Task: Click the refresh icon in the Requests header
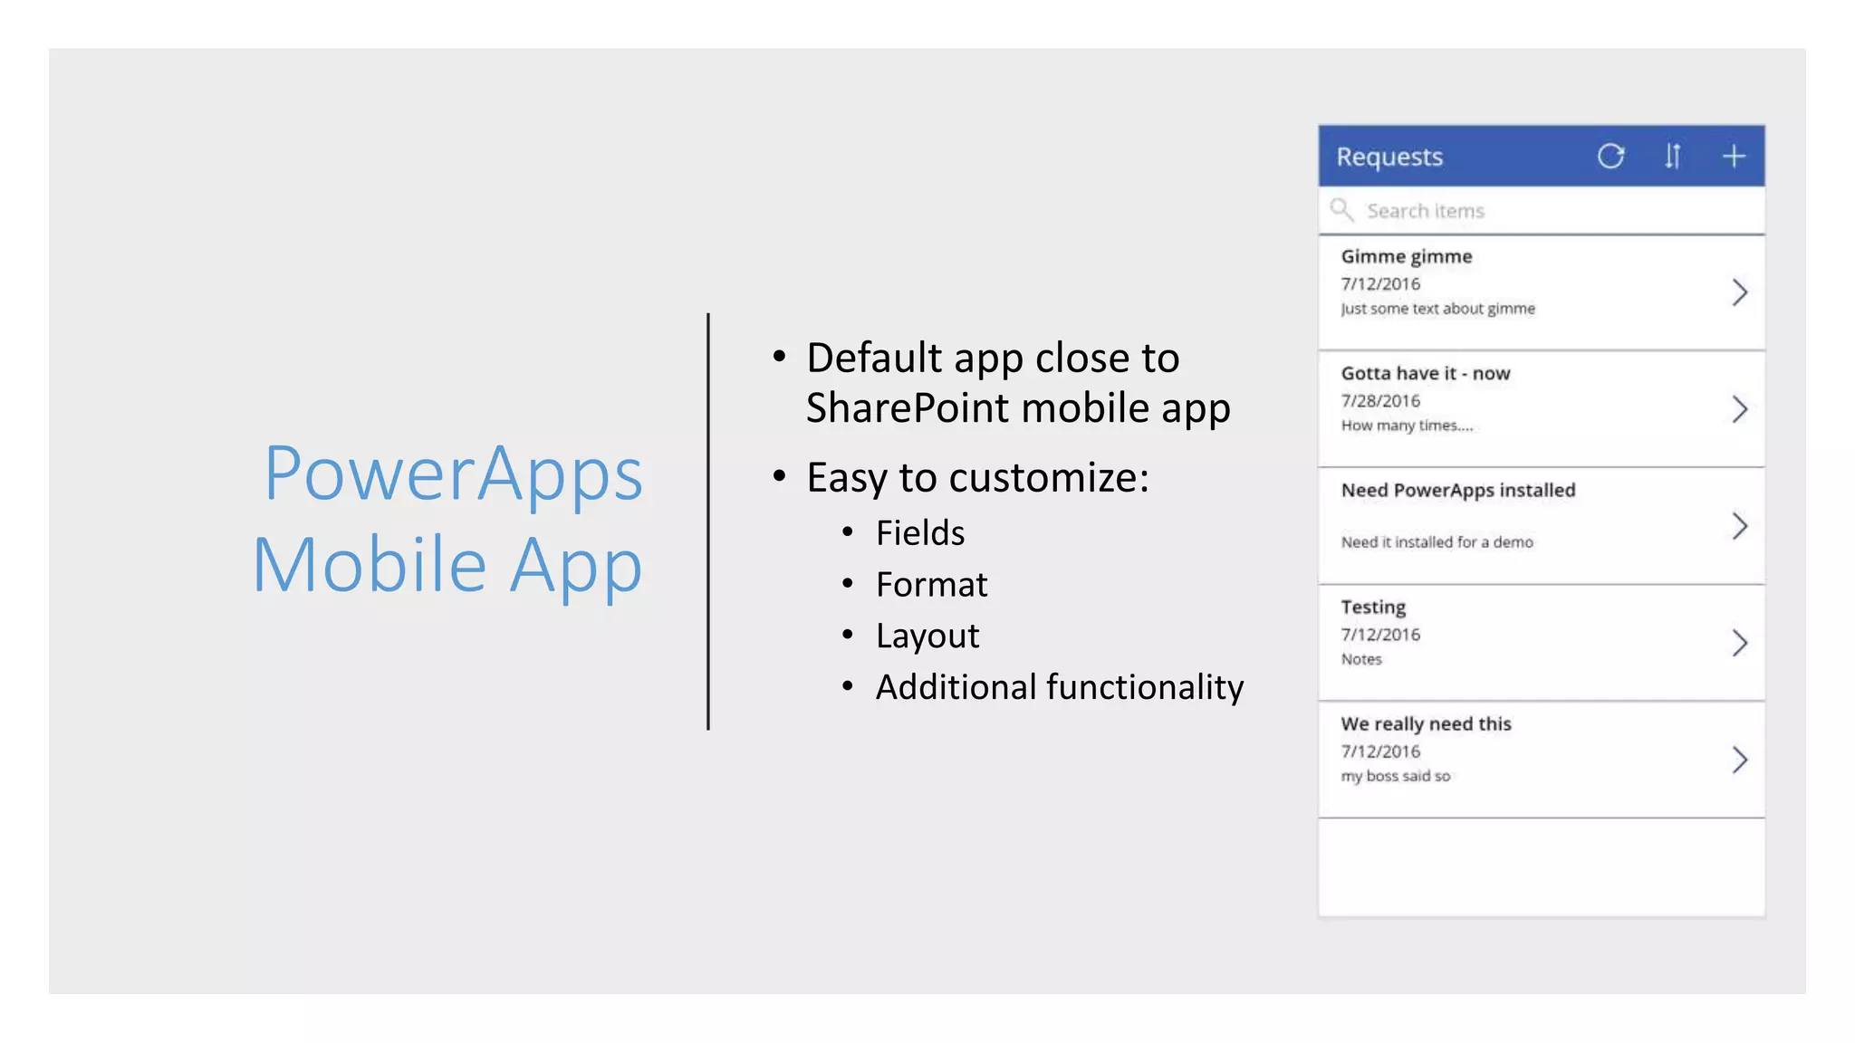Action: (1610, 157)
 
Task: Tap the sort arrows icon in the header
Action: (1672, 157)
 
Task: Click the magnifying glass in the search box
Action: (1341, 210)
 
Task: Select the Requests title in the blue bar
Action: (1389, 157)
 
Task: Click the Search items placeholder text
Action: (1426, 211)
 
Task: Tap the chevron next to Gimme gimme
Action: (1739, 292)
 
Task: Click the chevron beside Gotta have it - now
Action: (1739, 409)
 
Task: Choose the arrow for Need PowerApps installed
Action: (1739, 526)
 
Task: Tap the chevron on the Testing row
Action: (1739, 643)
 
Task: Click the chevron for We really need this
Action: (1739, 760)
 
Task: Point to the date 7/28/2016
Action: (1380, 400)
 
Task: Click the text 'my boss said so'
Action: (1396, 776)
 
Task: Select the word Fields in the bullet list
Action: (920, 533)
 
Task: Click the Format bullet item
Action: (931, 585)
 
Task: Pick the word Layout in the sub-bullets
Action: (927, 636)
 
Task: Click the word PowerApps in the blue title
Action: (453, 474)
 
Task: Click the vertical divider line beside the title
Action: (708, 521)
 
